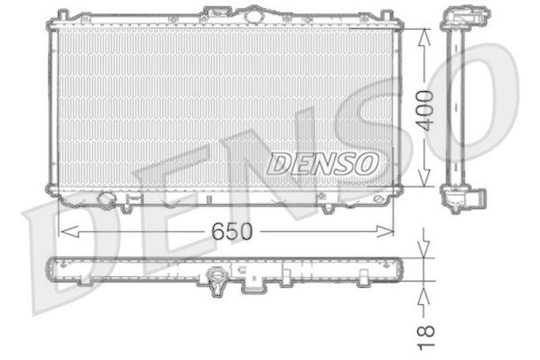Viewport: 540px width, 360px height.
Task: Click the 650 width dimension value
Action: [x=232, y=232]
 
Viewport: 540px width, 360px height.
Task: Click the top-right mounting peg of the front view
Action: [x=386, y=15]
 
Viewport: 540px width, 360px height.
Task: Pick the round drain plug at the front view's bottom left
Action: [x=106, y=199]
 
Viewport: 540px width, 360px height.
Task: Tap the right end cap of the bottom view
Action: [x=402, y=269]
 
